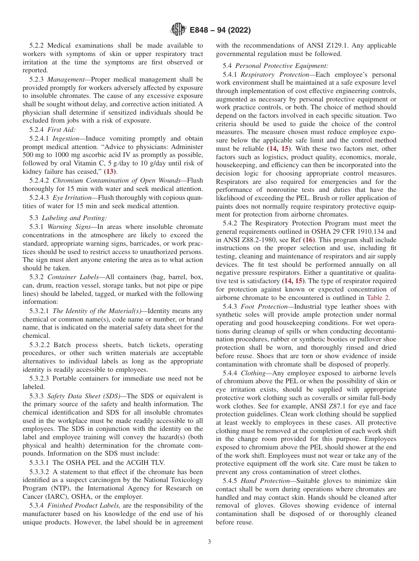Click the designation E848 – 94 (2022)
pyautogui.click(x=220, y=30)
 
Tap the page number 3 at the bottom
pyautogui.click(x=209, y=542)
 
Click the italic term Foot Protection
pyautogui.click(x=266, y=306)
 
